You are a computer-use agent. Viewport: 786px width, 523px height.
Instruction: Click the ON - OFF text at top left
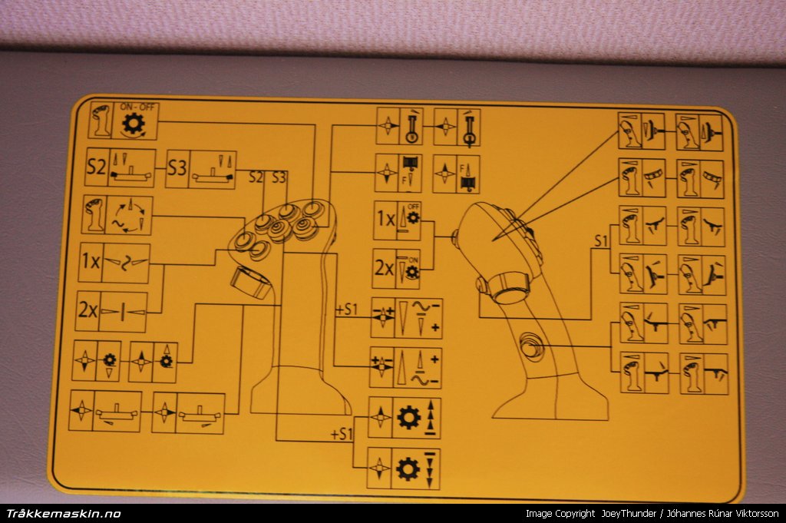[x=138, y=107]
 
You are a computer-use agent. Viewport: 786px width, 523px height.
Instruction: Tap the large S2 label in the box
[x=97, y=167]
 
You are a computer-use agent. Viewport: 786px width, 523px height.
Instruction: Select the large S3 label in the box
[x=177, y=168]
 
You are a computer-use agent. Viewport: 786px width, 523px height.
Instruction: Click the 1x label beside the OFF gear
[x=386, y=219]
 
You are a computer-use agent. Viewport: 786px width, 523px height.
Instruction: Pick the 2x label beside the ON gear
[x=385, y=268]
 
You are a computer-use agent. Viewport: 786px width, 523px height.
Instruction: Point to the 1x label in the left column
[x=91, y=261]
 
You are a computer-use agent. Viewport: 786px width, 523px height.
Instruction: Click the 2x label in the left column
[x=88, y=310]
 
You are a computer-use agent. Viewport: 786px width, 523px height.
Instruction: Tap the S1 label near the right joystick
[x=601, y=241]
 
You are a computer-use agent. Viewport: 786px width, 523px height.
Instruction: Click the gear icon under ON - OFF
[x=134, y=124]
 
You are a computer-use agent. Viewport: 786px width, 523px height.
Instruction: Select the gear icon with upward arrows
[x=408, y=418]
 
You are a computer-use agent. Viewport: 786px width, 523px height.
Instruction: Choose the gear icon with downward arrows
[x=408, y=469]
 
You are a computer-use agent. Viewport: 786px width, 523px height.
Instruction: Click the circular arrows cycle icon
[x=129, y=216]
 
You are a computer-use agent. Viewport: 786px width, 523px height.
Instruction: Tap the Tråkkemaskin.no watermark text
[x=64, y=514]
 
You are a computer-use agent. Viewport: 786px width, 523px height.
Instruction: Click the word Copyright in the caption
[x=575, y=514]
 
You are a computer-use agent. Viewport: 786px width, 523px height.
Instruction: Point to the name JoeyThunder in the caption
[x=629, y=514]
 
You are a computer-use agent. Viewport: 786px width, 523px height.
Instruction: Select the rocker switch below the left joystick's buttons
[x=250, y=283]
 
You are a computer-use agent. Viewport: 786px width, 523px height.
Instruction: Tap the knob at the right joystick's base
[x=509, y=288]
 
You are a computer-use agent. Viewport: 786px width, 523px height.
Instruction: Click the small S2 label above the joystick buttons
[x=256, y=177]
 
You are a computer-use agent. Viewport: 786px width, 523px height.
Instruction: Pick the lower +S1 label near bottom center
[x=342, y=434]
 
